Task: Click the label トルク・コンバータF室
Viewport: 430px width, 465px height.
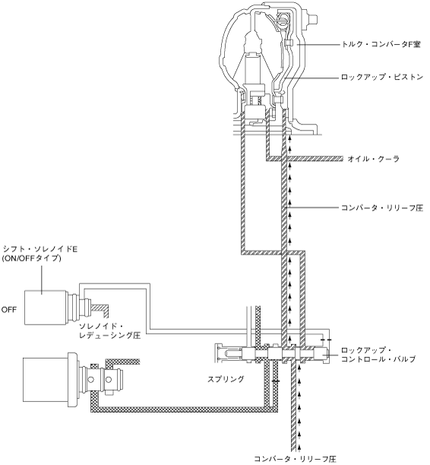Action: click(x=381, y=45)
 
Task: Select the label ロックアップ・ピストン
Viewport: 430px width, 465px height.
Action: click(x=382, y=77)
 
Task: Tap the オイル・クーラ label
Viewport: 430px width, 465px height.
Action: click(x=374, y=159)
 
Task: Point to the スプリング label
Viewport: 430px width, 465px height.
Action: click(x=226, y=378)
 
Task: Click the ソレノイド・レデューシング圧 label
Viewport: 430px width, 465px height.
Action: click(x=109, y=331)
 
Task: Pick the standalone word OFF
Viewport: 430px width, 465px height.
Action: click(x=9, y=309)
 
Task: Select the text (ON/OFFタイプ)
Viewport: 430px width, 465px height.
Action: click(x=31, y=258)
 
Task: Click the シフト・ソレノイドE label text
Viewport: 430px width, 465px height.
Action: click(x=40, y=249)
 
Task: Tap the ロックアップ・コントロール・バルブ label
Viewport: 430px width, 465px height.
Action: click(x=378, y=354)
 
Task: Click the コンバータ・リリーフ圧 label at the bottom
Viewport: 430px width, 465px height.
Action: click(x=295, y=460)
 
